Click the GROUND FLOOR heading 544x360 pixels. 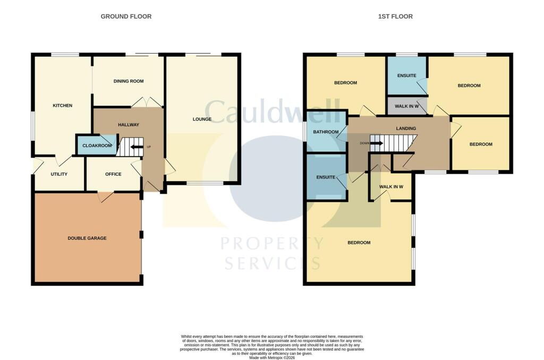pyautogui.click(x=126, y=16)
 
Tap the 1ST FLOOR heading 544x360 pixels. pyautogui.click(x=395, y=16)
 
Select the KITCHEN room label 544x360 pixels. pyautogui.click(x=63, y=106)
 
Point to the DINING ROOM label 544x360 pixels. pyautogui.click(x=129, y=81)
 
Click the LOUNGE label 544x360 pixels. pyautogui.click(x=202, y=119)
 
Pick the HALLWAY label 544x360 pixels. pyautogui.click(x=129, y=124)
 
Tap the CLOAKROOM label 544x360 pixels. pyautogui.click(x=97, y=145)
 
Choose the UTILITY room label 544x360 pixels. pyautogui.click(x=59, y=174)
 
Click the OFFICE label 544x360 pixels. pyautogui.click(x=113, y=174)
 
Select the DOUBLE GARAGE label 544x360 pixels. pyautogui.click(x=87, y=238)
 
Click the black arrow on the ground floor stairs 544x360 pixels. pyautogui.click(x=137, y=147)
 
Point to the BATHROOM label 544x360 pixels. pyautogui.click(x=326, y=132)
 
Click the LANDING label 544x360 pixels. pyautogui.click(x=406, y=128)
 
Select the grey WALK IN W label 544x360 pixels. pyautogui.click(x=406, y=106)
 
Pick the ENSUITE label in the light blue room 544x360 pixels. pyautogui.click(x=406, y=75)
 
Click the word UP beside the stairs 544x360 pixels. pyautogui.click(x=149, y=147)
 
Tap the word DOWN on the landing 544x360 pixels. pyautogui.click(x=364, y=143)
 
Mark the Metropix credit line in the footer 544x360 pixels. pyautogui.click(x=272, y=357)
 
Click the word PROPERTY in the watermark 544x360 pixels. pyautogui.click(x=272, y=243)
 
